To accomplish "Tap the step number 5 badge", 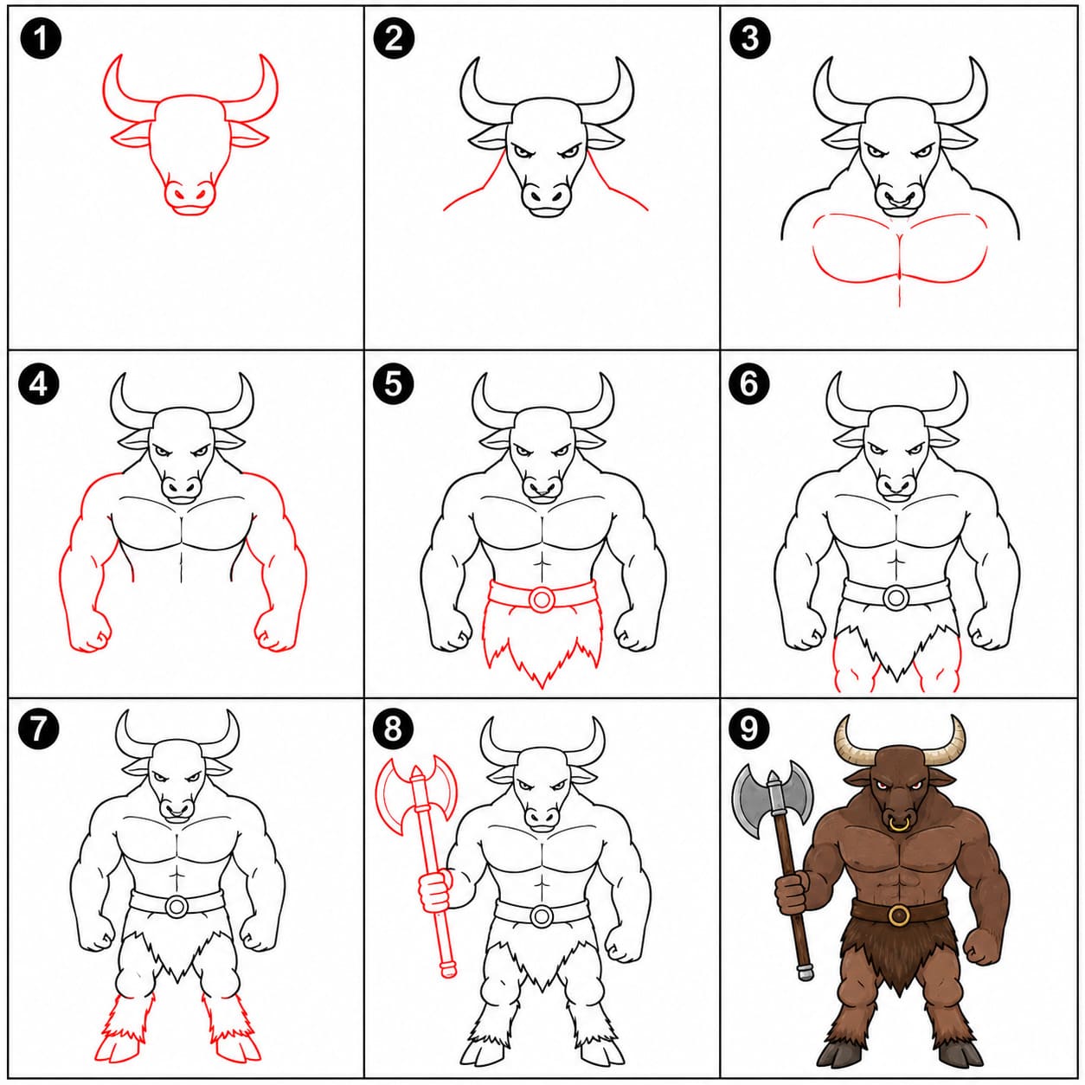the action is coord(393,383).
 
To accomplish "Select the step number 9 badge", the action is coord(748,728).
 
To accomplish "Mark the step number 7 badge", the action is coord(40,728).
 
